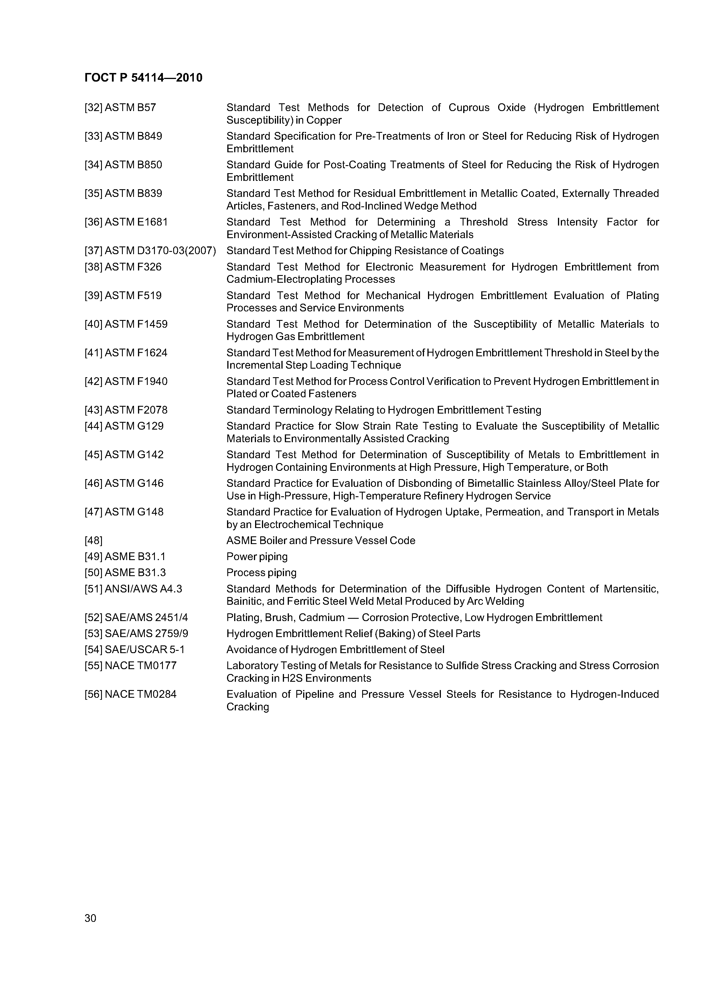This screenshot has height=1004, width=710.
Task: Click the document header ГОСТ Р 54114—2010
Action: [x=143, y=78]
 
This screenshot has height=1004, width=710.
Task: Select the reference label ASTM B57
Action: [x=130, y=108]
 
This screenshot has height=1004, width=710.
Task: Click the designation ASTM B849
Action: [x=133, y=137]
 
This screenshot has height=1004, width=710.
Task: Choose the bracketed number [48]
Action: [x=93, y=541]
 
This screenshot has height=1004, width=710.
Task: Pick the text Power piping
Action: [x=257, y=557]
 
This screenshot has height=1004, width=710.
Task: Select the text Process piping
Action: [x=261, y=573]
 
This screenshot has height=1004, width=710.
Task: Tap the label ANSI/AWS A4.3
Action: [x=143, y=589]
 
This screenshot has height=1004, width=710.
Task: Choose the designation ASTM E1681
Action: [x=136, y=222]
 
